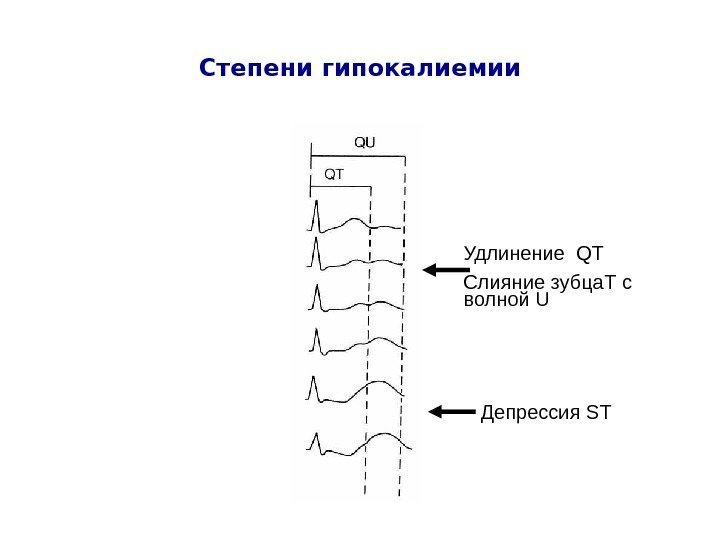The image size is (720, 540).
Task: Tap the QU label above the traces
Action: pos(366,142)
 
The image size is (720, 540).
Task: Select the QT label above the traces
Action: pos(334,173)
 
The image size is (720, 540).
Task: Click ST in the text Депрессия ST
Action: pos(598,411)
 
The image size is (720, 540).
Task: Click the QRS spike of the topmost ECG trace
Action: pos(317,213)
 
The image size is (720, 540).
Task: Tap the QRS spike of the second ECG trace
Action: pos(317,250)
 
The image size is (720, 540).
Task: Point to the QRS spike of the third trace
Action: pos(317,296)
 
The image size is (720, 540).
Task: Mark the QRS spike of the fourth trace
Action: pos(316,340)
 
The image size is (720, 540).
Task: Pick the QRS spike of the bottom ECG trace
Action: pos(316,440)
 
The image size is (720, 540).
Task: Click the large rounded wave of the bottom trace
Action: pos(385,438)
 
